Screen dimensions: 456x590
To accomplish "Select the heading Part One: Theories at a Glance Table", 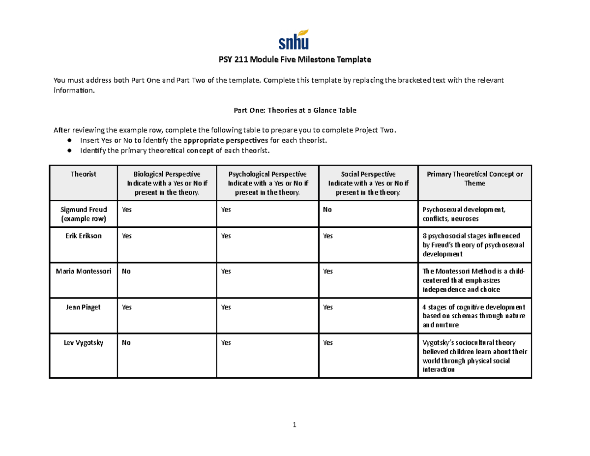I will pyautogui.click(x=295, y=111).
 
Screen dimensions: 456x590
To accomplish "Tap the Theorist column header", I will pyautogui.click(x=83, y=174).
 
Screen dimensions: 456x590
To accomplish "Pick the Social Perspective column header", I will pyautogui.click(x=368, y=183).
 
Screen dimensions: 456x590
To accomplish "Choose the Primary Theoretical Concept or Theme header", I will pyautogui.click(x=475, y=179).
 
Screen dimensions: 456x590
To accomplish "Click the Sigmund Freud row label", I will pyautogui.click(x=83, y=214).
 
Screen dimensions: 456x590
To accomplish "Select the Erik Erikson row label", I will pyautogui.click(x=83, y=236).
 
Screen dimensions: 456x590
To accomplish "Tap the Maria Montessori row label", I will pyautogui.click(x=83, y=272).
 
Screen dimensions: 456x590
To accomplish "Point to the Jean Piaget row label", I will pyautogui.click(x=83, y=307).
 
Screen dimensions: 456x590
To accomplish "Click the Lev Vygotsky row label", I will pyautogui.click(x=83, y=343).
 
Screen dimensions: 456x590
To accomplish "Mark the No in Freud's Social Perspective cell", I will pyautogui.click(x=327, y=210).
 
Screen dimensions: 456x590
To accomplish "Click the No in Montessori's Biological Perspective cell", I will pyautogui.click(x=126, y=272).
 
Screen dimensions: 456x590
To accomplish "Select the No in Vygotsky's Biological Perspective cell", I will pyautogui.click(x=126, y=343).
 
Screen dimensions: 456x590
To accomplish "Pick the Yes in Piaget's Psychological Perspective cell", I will pyautogui.click(x=226, y=307).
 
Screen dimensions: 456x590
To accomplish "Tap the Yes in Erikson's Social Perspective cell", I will pyautogui.click(x=328, y=236).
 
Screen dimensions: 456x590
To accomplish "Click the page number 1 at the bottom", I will pyautogui.click(x=295, y=425).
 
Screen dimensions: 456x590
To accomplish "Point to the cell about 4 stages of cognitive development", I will pyautogui.click(x=474, y=316).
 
